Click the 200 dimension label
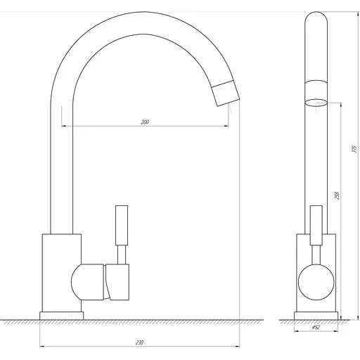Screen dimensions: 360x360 tap(145, 122)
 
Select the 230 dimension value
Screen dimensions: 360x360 tap(139, 342)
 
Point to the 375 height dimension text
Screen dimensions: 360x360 tap(354, 149)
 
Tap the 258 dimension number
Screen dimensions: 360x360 tap(337, 195)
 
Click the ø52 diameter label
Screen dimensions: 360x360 tap(316, 328)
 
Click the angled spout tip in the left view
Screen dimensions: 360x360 tap(226, 94)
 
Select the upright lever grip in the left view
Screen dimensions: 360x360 tap(122, 225)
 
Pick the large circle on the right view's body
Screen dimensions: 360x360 tap(316, 282)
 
